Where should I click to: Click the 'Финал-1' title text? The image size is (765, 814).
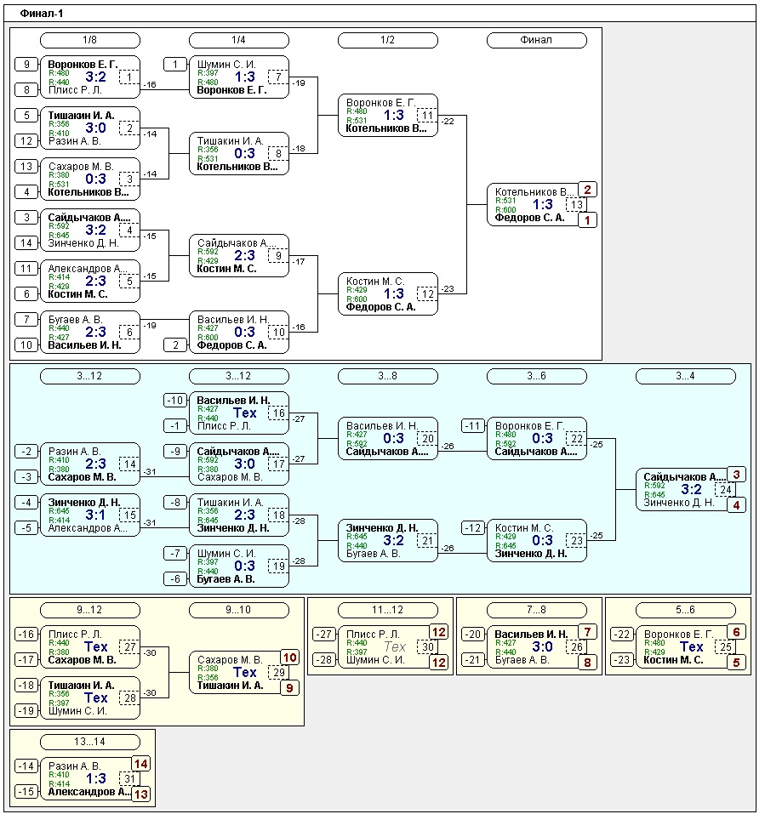pos(42,14)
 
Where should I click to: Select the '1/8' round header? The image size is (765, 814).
pos(90,40)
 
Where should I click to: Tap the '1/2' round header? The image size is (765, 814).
pos(387,40)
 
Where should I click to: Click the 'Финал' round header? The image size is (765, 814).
pos(536,40)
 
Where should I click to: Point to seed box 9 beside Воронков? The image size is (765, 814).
pos(26,65)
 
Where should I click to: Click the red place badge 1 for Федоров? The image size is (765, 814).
pos(587,219)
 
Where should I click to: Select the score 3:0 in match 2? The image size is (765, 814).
pos(94,128)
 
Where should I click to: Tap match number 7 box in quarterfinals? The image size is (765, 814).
pos(278,77)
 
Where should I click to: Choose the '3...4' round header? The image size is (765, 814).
pos(685,376)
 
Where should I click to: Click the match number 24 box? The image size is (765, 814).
pos(726,489)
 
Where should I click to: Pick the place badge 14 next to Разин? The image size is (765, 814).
pos(140,764)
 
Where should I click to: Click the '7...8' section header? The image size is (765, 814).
pos(536,610)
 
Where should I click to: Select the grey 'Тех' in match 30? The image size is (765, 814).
pos(394,646)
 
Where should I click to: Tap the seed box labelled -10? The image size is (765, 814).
pos(175,401)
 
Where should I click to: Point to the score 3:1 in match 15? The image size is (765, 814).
pos(94,515)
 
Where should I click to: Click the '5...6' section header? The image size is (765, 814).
pos(685,610)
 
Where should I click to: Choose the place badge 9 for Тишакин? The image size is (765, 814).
pos(289,687)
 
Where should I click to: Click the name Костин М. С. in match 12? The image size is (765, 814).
pos(376,282)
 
